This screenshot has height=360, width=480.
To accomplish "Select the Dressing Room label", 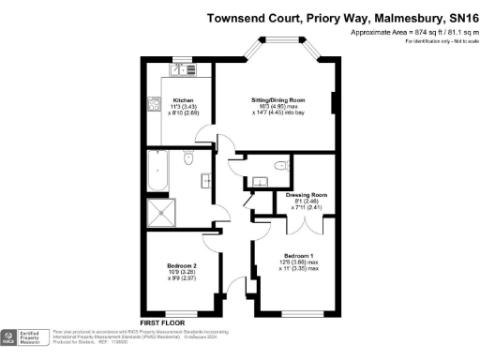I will tap(306, 194).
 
